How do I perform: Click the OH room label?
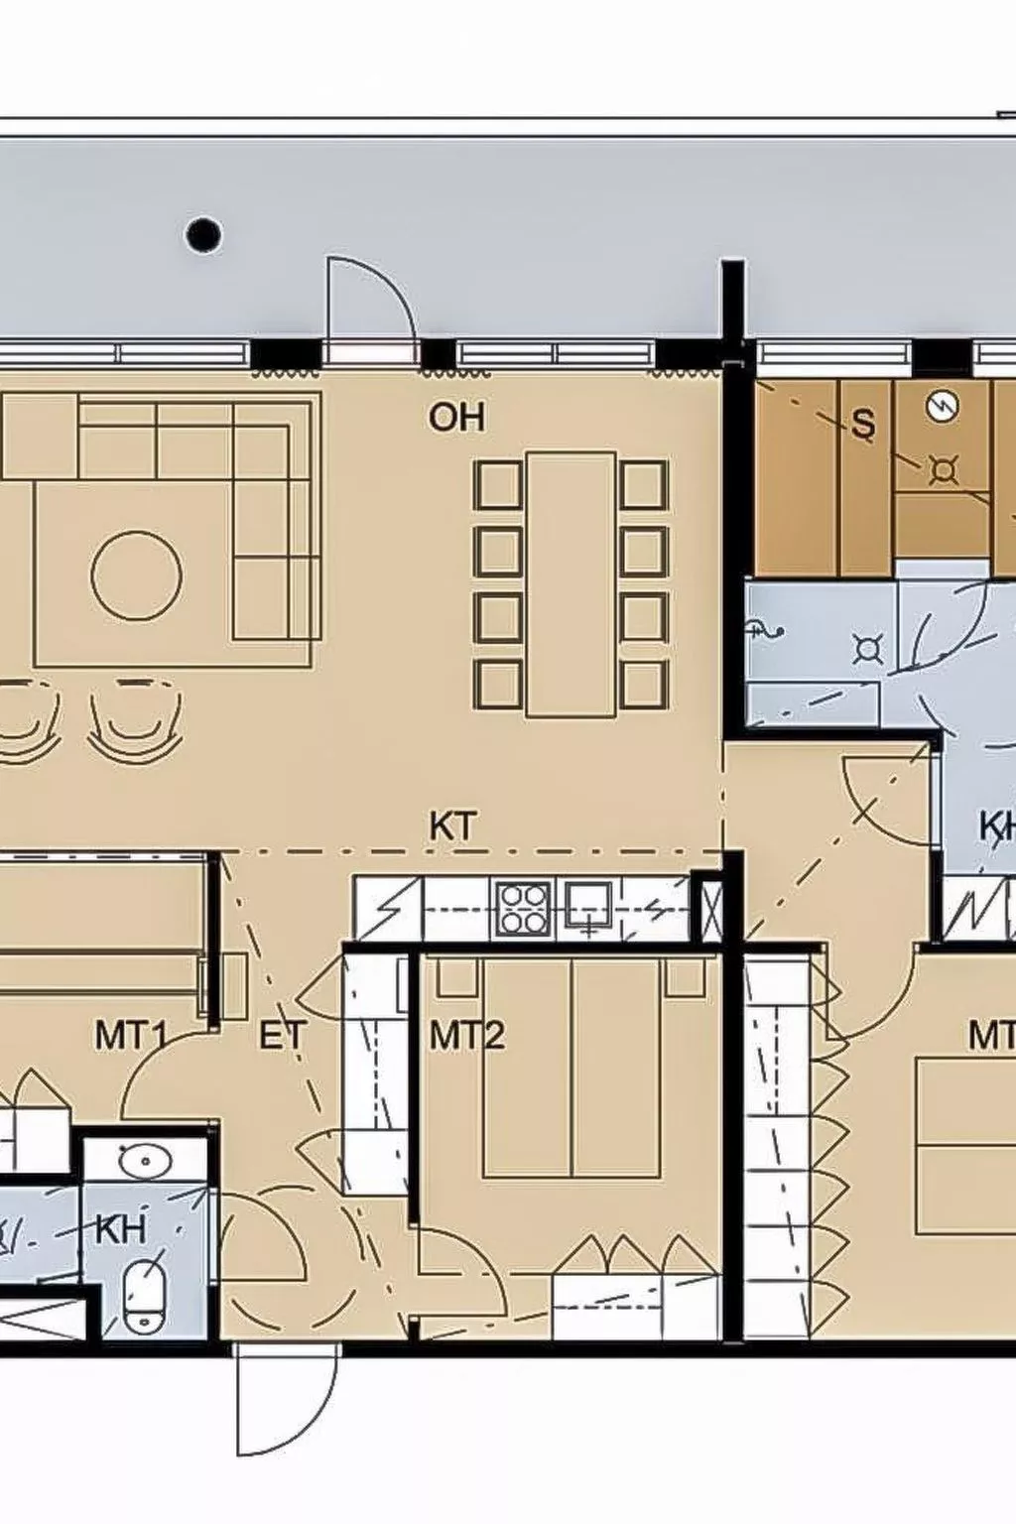pyautogui.click(x=456, y=417)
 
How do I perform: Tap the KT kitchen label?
pyautogui.click(x=452, y=825)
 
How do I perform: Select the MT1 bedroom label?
pyautogui.click(x=130, y=1036)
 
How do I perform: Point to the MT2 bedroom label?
pyautogui.click(x=466, y=1036)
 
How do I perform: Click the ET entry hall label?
pyautogui.click(x=282, y=1036)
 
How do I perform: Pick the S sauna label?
pyautogui.click(x=863, y=424)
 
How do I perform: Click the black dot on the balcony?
pyautogui.click(x=204, y=234)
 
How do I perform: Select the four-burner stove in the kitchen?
pyautogui.click(x=524, y=907)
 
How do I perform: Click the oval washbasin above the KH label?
pyautogui.click(x=146, y=1158)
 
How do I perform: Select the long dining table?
pyautogui.click(x=571, y=584)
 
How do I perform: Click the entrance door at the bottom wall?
pyautogui.click(x=286, y=1399)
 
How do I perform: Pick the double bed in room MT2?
pyautogui.click(x=571, y=1067)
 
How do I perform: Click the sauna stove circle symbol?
pyautogui.click(x=942, y=406)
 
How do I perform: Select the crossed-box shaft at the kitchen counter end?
pyautogui.click(x=711, y=908)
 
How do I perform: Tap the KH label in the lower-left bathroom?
pyautogui.click(x=120, y=1229)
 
